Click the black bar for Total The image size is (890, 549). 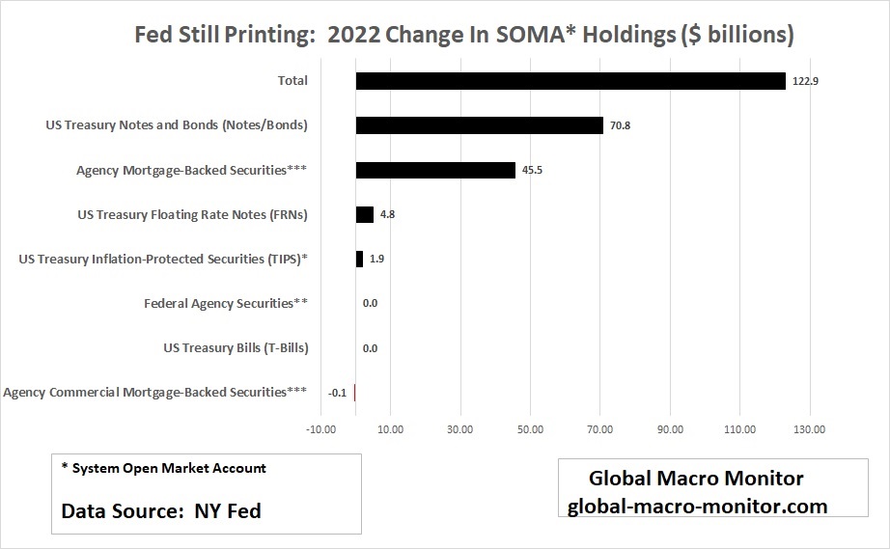570,81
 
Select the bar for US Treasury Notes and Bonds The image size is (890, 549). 479,125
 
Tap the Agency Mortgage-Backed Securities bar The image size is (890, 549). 435,170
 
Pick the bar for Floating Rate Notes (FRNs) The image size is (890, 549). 365,214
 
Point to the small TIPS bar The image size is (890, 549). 359,259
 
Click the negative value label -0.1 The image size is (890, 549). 337,393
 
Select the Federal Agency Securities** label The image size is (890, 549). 226,303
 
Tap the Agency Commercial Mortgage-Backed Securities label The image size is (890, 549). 155,392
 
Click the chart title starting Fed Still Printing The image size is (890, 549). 463,35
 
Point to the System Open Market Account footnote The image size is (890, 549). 163,468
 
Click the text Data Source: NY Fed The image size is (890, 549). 161,510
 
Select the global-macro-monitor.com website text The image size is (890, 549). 697,505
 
